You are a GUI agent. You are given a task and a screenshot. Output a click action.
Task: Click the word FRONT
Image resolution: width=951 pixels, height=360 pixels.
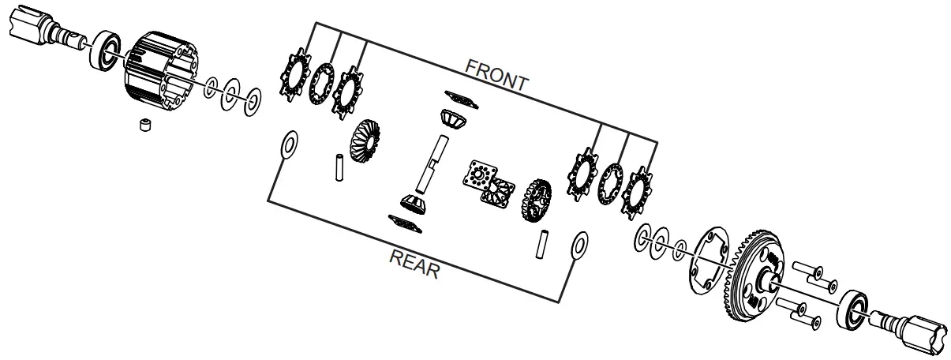[496, 74]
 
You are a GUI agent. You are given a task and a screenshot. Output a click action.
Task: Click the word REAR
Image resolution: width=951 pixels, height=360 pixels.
[414, 264]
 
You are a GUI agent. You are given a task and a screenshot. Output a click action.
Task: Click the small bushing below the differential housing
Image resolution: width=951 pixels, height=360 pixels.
[145, 126]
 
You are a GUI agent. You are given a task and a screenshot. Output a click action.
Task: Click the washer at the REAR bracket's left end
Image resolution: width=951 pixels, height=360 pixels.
[289, 145]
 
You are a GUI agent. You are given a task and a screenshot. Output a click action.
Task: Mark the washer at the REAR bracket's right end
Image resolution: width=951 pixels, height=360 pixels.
[579, 246]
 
